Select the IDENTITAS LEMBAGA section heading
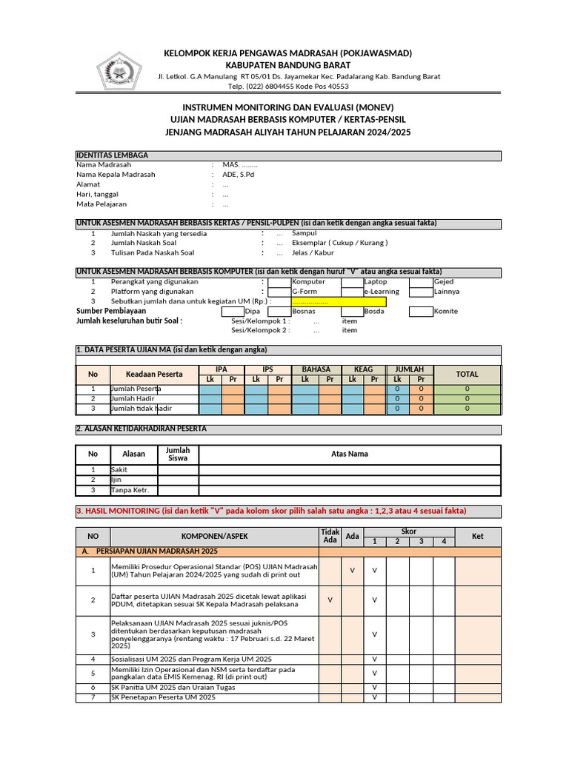(112, 155)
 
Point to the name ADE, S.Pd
(238, 175)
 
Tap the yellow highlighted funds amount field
(339, 302)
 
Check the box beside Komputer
(279, 282)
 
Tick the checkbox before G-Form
(279, 292)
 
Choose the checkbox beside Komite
(421, 312)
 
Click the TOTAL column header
(467, 375)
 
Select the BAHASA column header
(316, 369)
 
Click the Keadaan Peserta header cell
(154, 375)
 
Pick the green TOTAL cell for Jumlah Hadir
(467, 398)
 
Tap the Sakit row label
(119, 469)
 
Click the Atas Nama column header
(350, 454)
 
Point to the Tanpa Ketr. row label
(130, 490)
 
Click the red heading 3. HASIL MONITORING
(271, 511)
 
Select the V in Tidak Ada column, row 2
(330, 600)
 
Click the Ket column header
(478, 536)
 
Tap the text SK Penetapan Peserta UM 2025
(164, 697)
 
